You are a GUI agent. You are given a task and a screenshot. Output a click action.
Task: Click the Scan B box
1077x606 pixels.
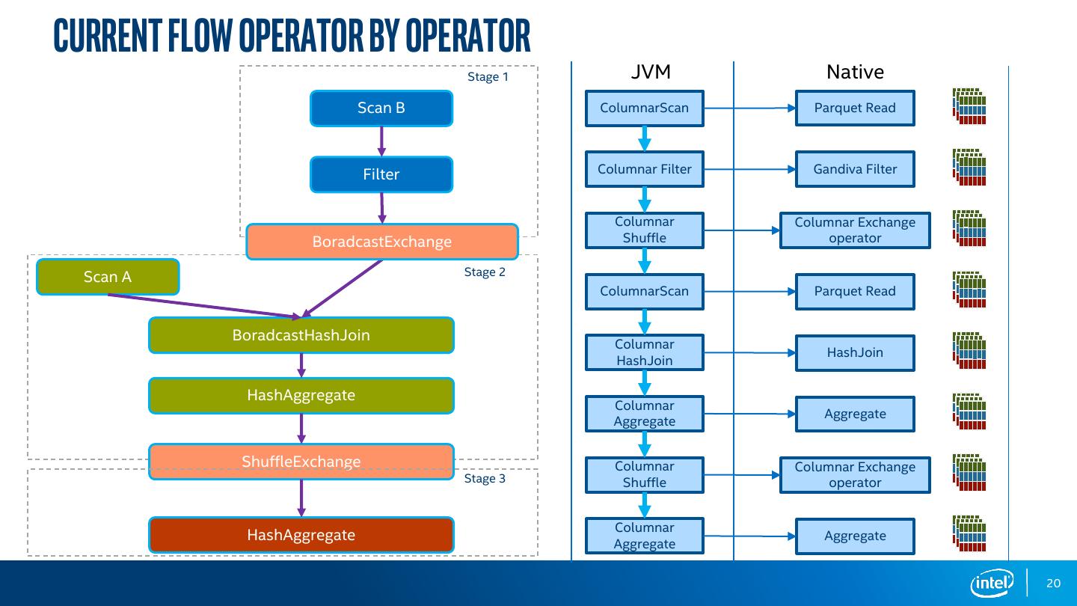pyautogui.click(x=381, y=108)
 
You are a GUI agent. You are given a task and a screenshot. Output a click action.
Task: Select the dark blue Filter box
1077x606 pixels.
pyautogui.click(x=381, y=174)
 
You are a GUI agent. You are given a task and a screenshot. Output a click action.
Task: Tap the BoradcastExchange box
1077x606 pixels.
pyautogui.click(x=381, y=242)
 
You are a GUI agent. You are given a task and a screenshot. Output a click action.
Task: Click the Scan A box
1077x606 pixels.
pyautogui.click(x=108, y=277)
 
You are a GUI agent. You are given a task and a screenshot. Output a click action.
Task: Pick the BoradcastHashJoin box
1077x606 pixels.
pyautogui.click(x=301, y=335)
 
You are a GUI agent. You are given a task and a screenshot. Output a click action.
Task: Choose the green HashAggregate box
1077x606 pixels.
pyautogui.click(x=301, y=395)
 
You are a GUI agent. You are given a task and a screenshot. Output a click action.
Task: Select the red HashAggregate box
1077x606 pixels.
pyautogui.click(x=301, y=535)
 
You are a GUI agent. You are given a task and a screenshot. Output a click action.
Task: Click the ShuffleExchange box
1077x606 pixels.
pyautogui.click(x=301, y=462)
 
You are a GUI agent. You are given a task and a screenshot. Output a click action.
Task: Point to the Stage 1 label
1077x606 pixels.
pyautogui.click(x=488, y=77)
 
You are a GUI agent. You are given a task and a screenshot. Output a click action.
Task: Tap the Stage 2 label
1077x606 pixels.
pyautogui.click(x=485, y=272)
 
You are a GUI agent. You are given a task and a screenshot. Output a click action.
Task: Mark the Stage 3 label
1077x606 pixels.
pyautogui.click(x=485, y=479)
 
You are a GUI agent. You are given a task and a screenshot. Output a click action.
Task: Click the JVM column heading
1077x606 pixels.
pyautogui.click(x=651, y=72)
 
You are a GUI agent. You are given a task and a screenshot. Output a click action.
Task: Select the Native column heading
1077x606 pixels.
pyautogui.click(x=855, y=72)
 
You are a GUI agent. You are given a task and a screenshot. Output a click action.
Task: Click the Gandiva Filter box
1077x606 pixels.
pyautogui.click(x=855, y=169)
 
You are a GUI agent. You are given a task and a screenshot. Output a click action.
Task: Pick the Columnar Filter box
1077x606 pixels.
pyautogui.click(x=645, y=169)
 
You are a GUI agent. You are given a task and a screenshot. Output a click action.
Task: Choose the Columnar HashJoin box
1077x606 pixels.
pyautogui.click(x=645, y=352)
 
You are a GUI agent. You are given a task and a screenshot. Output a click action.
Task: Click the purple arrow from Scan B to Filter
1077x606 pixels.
pyautogui.click(x=381, y=141)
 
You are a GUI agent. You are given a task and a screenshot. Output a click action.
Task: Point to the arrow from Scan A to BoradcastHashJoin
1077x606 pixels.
pyautogui.click(x=202, y=306)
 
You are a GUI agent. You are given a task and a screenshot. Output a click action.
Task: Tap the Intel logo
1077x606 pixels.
pyautogui.click(x=992, y=583)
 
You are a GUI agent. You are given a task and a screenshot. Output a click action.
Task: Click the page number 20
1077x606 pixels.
pyautogui.click(x=1053, y=584)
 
